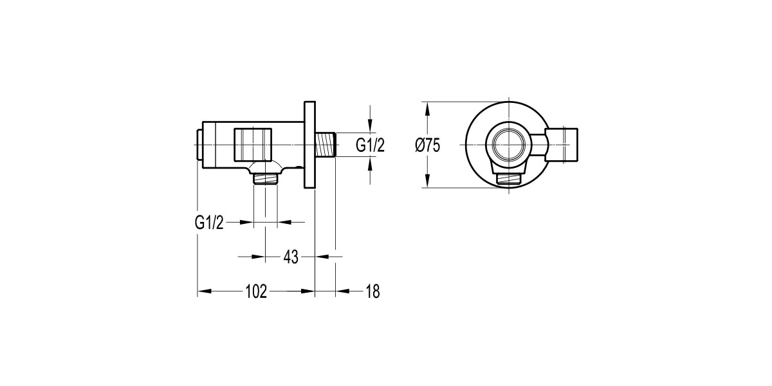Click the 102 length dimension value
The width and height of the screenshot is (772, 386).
[256, 291]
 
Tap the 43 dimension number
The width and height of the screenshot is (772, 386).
[291, 257]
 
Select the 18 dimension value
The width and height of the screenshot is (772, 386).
[372, 291]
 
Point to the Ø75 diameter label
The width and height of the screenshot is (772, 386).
[428, 145]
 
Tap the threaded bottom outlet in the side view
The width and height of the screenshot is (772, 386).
[266, 179]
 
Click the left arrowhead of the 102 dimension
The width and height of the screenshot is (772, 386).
[203, 291]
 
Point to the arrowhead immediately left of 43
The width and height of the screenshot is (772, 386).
[259, 257]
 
